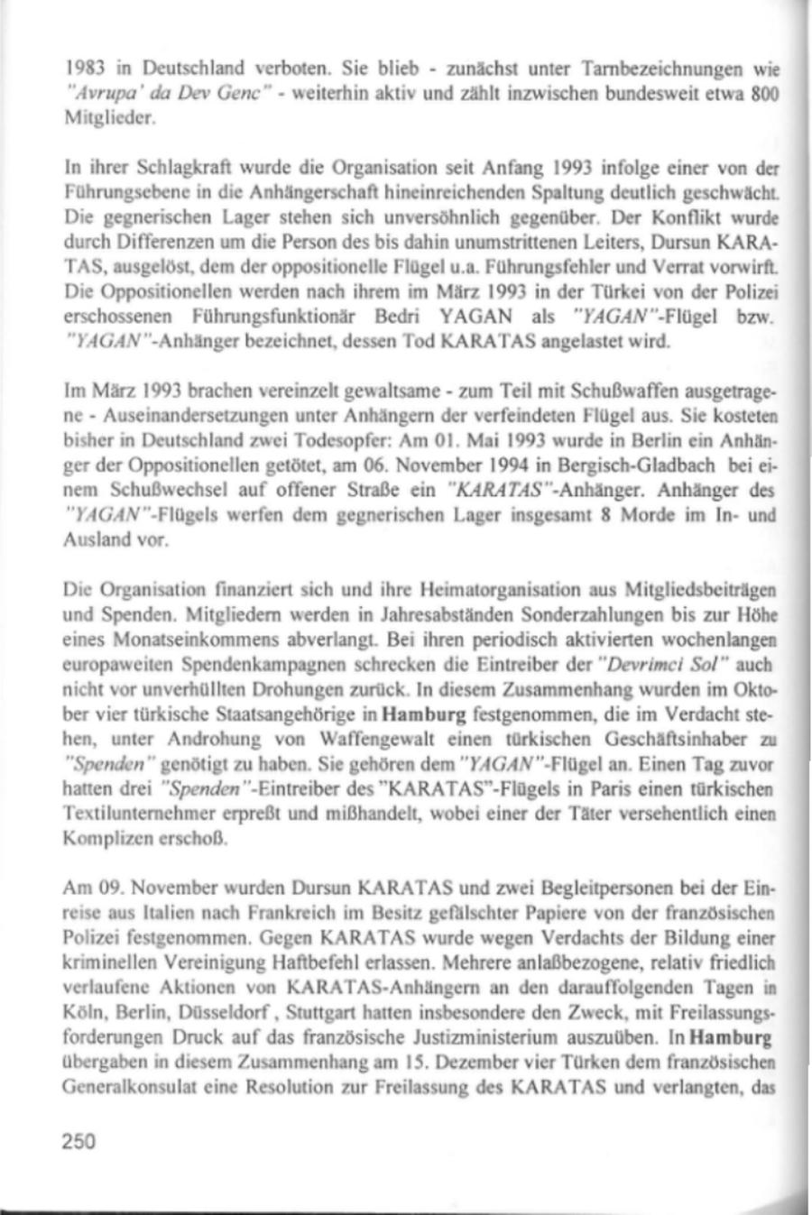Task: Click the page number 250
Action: pos(78,1142)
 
